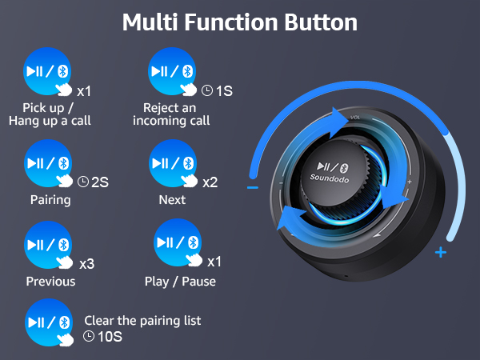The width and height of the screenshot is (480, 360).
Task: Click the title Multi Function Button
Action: (240, 22)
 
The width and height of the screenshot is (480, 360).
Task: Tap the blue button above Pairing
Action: (49, 163)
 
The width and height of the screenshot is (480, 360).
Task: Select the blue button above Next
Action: (173, 163)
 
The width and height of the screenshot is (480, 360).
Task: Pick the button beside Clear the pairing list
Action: (49, 323)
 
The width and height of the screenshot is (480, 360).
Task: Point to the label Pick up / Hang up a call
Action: (50, 114)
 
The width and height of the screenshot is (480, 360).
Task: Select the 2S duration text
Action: (99, 182)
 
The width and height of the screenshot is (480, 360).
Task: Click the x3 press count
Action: (87, 262)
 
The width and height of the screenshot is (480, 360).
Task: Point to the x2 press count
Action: (210, 182)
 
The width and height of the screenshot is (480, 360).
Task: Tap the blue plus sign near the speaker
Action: (439, 254)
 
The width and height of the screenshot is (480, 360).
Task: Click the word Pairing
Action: (50, 200)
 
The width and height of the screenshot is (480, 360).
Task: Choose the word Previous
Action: (50, 281)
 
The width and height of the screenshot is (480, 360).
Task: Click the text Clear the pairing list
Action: (142, 320)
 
